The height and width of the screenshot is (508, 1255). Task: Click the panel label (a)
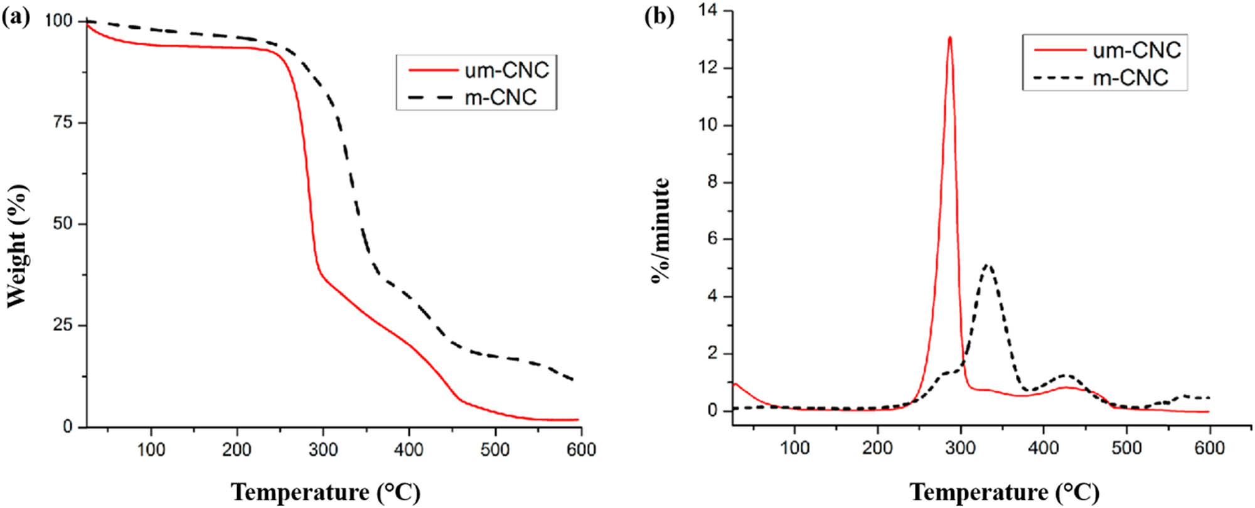coord(16,16)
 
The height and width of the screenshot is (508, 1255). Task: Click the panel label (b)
coord(660,16)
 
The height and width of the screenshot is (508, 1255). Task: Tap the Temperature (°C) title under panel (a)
coord(326,492)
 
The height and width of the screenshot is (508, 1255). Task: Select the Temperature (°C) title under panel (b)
coord(1005,492)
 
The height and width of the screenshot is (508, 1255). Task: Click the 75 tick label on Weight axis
coord(63,122)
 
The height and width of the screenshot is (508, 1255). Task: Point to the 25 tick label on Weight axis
coord(63,325)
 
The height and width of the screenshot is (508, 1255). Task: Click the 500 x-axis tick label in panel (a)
coord(494,449)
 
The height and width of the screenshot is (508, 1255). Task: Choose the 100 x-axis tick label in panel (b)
coord(794,448)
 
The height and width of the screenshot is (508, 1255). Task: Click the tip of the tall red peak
coord(950,38)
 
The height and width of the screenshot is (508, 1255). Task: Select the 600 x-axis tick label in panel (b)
coord(1209,448)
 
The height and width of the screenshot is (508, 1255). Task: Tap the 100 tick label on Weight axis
coord(59,21)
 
